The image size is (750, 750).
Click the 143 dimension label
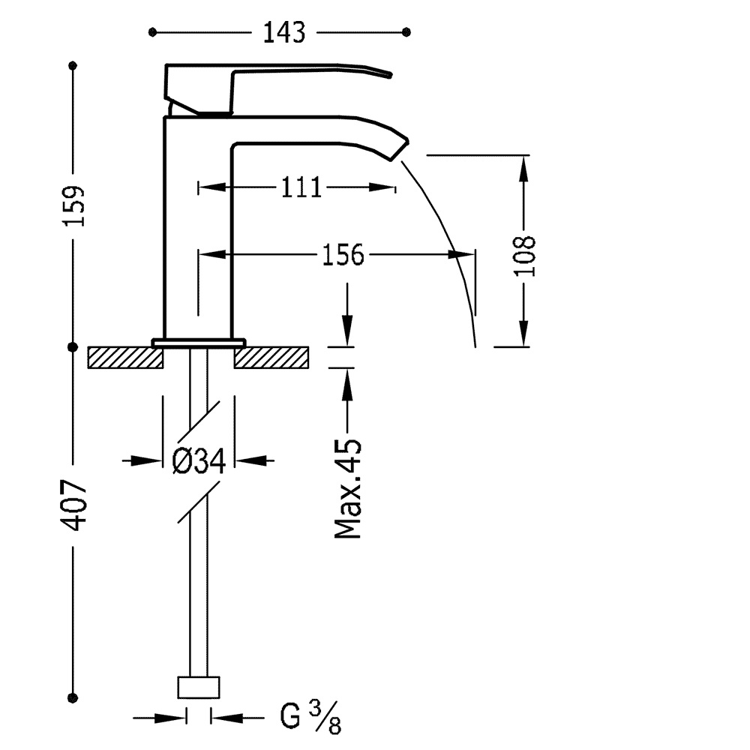pos(284,32)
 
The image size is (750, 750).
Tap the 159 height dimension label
pos(73,205)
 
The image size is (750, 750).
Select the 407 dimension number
pos(74,505)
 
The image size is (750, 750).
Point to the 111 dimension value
pos(301,187)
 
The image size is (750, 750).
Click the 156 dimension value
pos(343,255)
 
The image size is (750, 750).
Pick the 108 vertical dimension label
pos(525,256)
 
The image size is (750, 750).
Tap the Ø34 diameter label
pos(199,461)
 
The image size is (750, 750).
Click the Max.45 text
pos(348,488)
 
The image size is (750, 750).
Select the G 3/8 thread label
pos(310,716)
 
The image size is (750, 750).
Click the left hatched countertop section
pos(125,358)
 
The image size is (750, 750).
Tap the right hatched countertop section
pos(271,358)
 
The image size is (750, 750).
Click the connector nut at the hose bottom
pos(199,687)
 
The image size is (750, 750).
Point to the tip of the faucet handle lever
pos(390,74)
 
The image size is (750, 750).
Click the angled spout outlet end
pos(400,150)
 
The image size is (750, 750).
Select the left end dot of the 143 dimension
pos(152,32)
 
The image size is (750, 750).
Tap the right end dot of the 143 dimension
pos(406,32)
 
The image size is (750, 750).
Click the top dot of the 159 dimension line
pos(73,65)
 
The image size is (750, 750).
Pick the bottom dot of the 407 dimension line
pos(73,697)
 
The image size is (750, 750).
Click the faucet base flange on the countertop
pos(199,343)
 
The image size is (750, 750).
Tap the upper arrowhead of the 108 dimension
pos(524,168)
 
